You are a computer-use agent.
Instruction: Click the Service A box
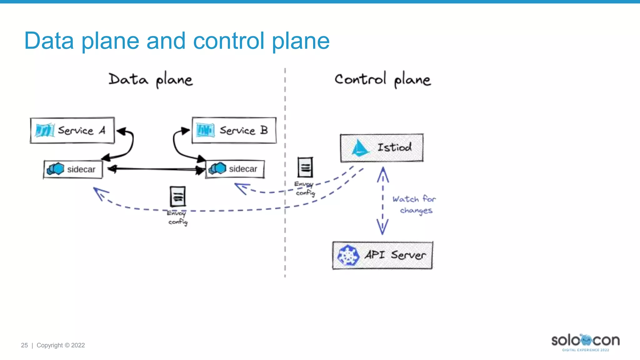coord(72,130)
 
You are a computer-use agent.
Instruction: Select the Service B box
coord(234,130)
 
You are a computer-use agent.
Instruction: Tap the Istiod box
coord(382,148)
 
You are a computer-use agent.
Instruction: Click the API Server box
coord(382,255)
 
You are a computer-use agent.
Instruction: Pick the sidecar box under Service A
coord(73,169)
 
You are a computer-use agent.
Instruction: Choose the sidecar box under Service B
coord(235,169)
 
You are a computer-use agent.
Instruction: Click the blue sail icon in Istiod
coord(360,148)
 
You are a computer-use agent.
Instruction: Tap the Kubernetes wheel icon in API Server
coord(348,255)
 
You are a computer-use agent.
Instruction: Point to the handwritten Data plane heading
coord(150,80)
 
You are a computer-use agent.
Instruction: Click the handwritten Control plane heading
coord(382,80)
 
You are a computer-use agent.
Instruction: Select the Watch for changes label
coord(414,205)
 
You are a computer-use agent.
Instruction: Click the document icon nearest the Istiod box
coord(305,167)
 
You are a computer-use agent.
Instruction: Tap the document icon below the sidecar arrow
coord(177,196)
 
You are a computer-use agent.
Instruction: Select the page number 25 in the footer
coord(24,345)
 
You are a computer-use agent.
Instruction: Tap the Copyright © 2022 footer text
coord(61,345)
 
